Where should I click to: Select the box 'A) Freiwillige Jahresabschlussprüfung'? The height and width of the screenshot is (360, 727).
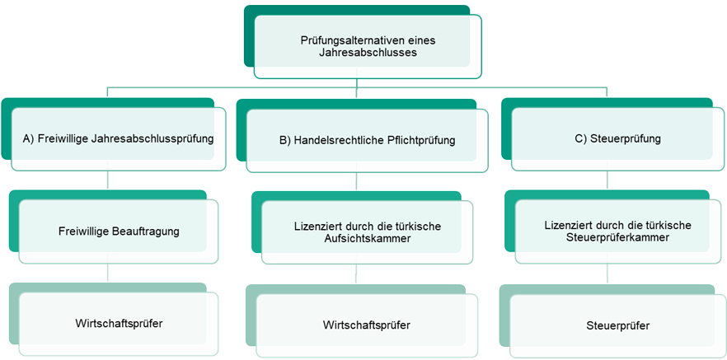(x=118, y=139)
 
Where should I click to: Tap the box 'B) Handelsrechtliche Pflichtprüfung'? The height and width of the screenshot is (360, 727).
(x=367, y=140)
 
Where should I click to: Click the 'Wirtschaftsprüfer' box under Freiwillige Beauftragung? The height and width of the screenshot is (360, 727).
(x=119, y=323)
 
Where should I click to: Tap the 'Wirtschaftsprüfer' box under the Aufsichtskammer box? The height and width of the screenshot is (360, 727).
(x=367, y=325)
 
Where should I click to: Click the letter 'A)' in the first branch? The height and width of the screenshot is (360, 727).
(x=30, y=139)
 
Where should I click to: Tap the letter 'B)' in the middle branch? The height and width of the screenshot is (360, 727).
(x=285, y=140)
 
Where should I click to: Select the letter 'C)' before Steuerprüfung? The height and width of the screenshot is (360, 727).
(x=582, y=139)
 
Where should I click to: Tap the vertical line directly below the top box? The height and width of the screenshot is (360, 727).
(x=356, y=82)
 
